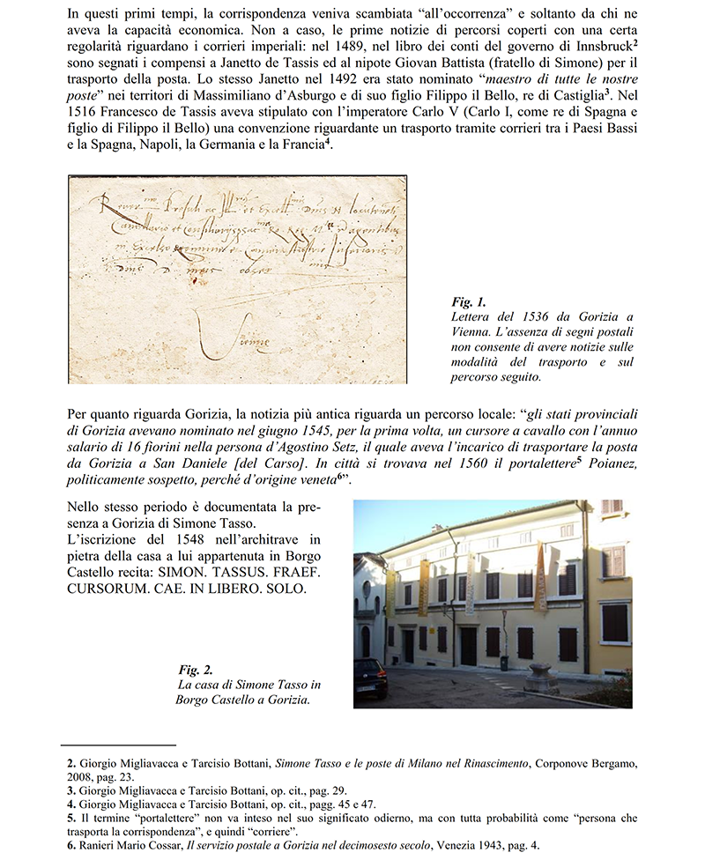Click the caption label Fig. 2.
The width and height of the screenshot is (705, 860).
click(x=197, y=670)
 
